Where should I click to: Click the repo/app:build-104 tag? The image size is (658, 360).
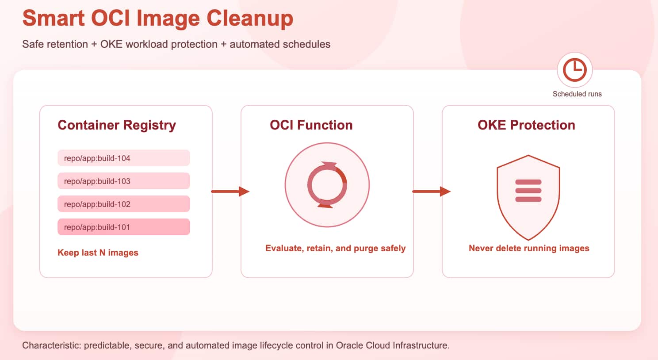pos(123,158)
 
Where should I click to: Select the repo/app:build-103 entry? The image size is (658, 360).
pos(123,181)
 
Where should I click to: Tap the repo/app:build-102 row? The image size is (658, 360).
pos(123,204)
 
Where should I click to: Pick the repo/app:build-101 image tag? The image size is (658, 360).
pos(123,227)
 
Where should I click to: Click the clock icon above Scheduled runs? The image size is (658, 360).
pos(574,70)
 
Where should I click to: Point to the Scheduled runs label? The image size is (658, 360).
pos(577,94)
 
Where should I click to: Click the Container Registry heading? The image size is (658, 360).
pos(117,125)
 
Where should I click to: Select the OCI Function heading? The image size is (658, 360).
pos(311,125)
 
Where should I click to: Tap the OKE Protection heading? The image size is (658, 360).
pos(526,125)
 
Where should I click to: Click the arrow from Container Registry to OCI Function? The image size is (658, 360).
pos(230,191)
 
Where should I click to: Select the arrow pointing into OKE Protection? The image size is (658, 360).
pos(431,191)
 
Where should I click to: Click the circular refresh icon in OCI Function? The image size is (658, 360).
pos(327,185)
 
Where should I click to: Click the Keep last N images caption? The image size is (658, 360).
pos(98,253)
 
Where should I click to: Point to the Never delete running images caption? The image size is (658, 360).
pos(529,248)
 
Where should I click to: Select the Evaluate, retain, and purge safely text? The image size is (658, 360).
pos(335,248)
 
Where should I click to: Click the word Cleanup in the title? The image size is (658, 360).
pos(250,19)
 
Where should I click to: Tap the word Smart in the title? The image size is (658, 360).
pos(53,19)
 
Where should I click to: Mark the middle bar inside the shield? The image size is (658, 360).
pos(528,191)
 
